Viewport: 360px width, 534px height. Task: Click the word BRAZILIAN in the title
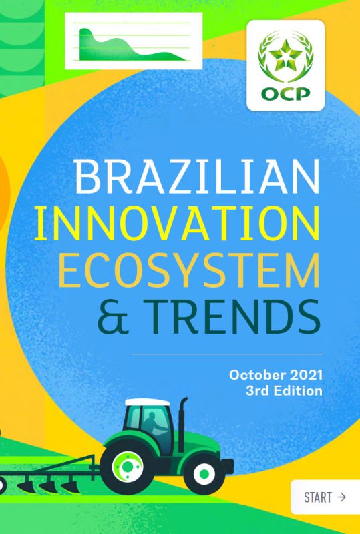pos(197,176)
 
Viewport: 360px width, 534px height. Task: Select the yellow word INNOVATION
pos(177,223)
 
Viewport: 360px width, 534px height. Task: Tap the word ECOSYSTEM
pos(189,270)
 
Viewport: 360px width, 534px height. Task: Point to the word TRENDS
pos(232,316)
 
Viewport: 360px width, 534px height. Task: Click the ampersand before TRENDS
pos(113,316)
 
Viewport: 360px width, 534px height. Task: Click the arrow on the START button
pos(341,497)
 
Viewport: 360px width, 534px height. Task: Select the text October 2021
pos(276,375)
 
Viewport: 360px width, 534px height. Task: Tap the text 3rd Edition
pos(284,390)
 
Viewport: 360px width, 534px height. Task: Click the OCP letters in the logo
pos(286,94)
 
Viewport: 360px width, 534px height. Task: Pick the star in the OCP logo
pos(285,54)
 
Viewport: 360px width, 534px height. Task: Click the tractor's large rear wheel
pos(128,466)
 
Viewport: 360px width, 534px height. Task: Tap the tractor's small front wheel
pos(204,473)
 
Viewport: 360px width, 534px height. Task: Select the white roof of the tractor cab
pos(147,403)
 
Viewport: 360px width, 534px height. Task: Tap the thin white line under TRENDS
pos(226,354)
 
